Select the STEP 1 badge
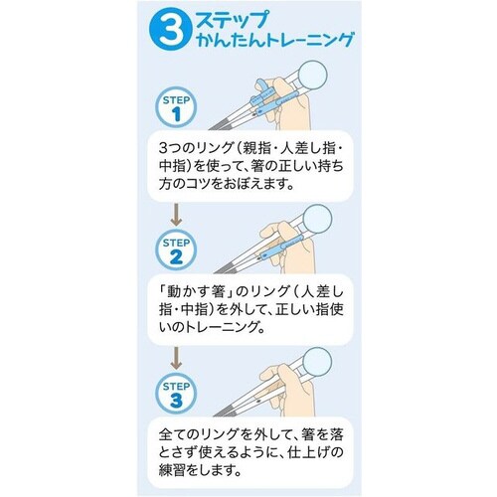177,106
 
